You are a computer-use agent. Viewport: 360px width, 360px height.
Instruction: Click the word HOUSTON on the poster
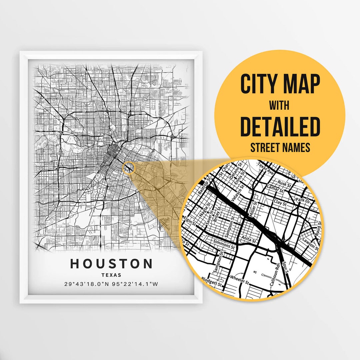pyautogui.click(x=111, y=264)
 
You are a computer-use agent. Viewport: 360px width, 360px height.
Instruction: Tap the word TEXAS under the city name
pyautogui.click(x=111, y=275)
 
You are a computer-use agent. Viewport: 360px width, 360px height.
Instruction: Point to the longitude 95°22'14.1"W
pyautogui.click(x=135, y=284)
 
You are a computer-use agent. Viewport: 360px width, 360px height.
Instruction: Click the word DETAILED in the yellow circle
pyautogui.click(x=280, y=127)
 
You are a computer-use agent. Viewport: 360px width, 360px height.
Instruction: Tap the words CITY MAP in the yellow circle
pyautogui.click(x=280, y=84)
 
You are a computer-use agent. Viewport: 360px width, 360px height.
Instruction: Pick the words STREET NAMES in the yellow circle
pyautogui.click(x=280, y=147)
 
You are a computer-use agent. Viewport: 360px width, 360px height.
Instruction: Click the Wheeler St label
pyautogui.click(x=239, y=279)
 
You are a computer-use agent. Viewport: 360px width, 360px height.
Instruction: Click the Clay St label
pyautogui.click(x=279, y=202)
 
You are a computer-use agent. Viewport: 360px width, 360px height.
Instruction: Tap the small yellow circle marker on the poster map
pyautogui.click(x=129, y=168)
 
